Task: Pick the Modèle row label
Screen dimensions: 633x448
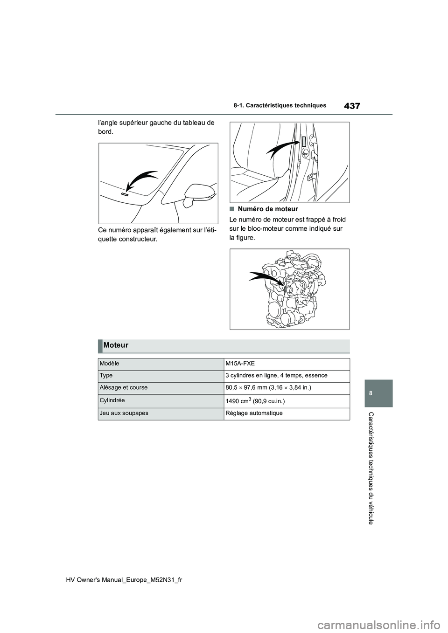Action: (x=109, y=363)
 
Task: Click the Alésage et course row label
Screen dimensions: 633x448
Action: (x=124, y=387)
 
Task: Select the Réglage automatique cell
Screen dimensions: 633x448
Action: (x=254, y=413)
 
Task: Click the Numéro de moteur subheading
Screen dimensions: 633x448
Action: (x=267, y=209)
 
